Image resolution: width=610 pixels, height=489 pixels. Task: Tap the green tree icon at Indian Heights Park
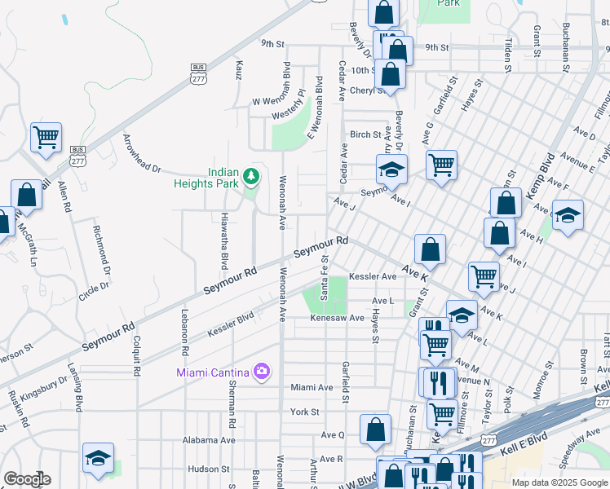[x=252, y=174]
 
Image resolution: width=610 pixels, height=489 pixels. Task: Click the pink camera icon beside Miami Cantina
[x=262, y=372]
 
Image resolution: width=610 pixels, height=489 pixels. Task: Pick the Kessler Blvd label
[x=231, y=323]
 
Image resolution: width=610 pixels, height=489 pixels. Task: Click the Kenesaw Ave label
[x=337, y=318]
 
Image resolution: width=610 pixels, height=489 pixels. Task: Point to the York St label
[x=304, y=412]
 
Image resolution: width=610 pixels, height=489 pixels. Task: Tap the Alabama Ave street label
[x=210, y=440]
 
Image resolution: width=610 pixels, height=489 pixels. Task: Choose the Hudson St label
[x=209, y=469]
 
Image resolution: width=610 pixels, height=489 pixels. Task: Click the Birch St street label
[x=365, y=134]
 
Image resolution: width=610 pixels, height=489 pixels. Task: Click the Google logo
[x=26, y=479]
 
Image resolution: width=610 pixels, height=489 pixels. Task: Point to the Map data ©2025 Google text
[x=558, y=482]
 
